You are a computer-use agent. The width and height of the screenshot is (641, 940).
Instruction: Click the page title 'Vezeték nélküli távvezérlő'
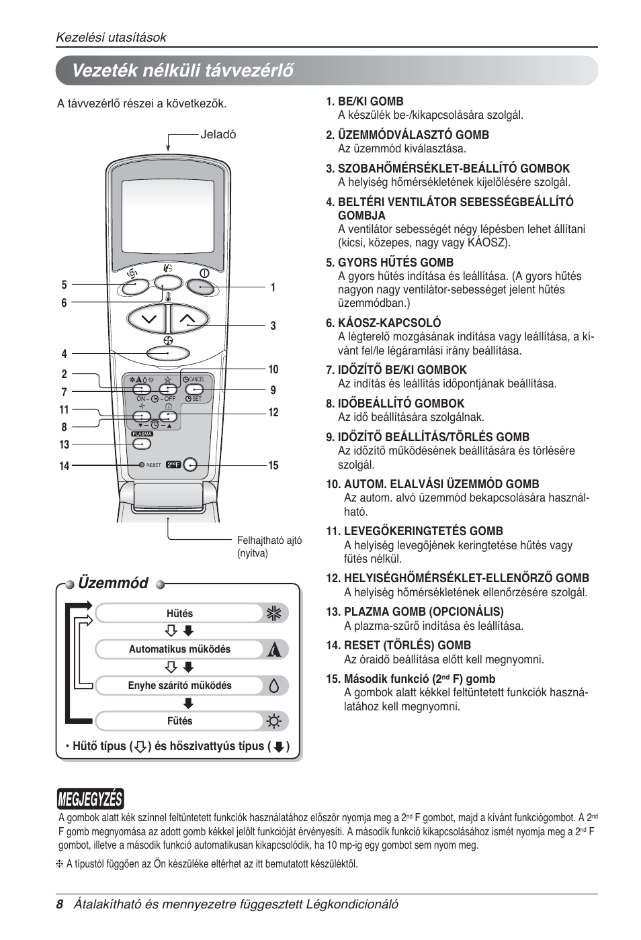[183, 70]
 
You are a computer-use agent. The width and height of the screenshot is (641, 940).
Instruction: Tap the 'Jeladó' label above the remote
[218, 134]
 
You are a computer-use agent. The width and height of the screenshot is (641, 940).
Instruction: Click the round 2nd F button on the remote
[191, 465]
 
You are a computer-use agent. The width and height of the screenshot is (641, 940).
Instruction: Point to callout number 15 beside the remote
[273, 465]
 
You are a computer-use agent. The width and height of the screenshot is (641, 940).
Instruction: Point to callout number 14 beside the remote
[64, 466]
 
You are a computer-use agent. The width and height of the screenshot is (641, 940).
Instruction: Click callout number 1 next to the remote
[273, 288]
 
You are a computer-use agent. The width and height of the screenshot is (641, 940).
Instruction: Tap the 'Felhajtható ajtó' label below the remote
[269, 540]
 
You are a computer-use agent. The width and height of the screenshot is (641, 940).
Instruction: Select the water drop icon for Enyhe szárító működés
[273, 686]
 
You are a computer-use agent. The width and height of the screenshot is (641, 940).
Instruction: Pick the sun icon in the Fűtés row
[273, 722]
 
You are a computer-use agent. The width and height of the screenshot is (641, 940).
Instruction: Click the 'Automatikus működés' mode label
[179, 649]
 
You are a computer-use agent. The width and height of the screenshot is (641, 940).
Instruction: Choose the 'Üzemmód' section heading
[113, 583]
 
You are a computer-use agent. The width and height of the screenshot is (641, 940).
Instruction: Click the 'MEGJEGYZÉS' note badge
[90, 799]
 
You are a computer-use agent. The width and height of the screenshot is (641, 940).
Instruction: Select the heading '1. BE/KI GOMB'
[365, 101]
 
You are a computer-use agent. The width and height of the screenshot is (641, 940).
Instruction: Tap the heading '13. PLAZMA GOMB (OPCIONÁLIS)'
[415, 612]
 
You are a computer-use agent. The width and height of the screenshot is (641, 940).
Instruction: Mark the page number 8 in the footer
[60, 904]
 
